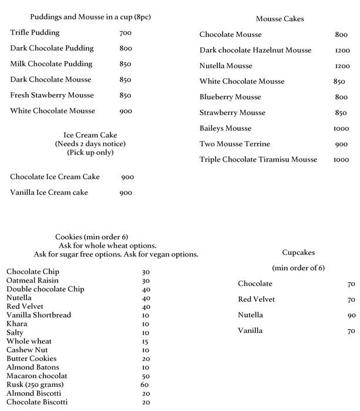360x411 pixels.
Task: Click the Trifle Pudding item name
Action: (x=35, y=33)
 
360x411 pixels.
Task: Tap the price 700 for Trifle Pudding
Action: (x=125, y=33)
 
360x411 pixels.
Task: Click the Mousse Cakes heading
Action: (x=280, y=19)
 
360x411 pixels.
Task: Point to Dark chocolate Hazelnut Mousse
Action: (x=255, y=50)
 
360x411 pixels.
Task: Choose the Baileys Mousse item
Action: (x=226, y=129)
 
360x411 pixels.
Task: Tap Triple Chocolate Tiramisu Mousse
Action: (x=258, y=160)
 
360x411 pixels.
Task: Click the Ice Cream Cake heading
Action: (x=90, y=134)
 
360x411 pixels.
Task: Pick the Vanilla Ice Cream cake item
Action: (x=49, y=193)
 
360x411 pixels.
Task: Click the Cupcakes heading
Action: (x=298, y=252)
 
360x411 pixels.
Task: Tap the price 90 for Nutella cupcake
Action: (x=351, y=315)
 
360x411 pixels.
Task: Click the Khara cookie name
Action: (x=16, y=324)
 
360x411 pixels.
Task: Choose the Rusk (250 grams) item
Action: (x=35, y=385)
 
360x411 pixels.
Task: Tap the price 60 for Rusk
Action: (x=144, y=385)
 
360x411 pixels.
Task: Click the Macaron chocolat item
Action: (x=37, y=376)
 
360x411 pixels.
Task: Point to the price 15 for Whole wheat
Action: (x=144, y=342)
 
